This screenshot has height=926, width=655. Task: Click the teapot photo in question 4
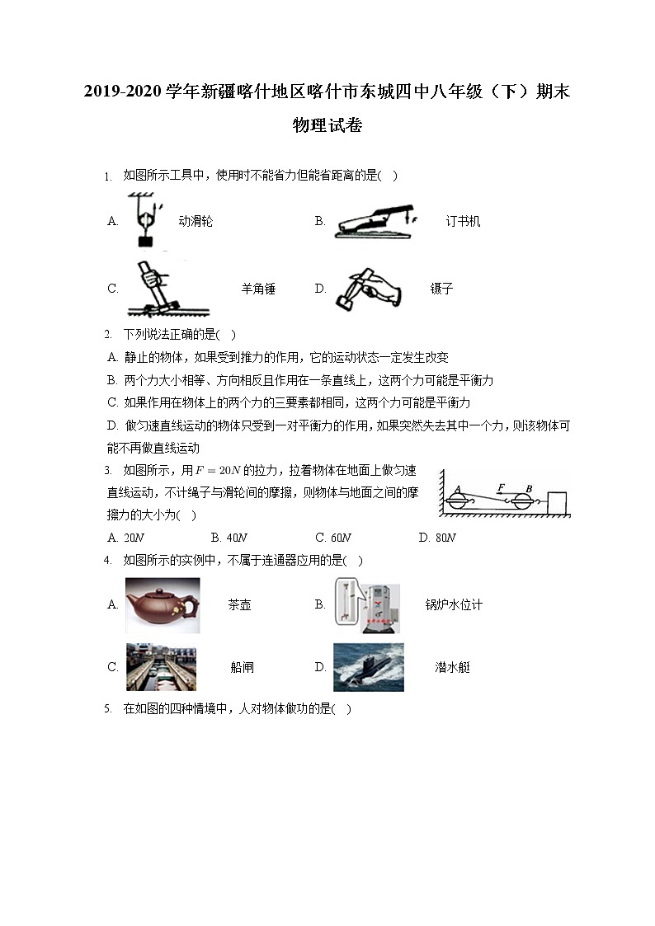[x=162, y=604]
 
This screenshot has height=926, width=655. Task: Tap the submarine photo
[x=368, y=667]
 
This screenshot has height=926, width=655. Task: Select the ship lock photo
[x=161, y=667]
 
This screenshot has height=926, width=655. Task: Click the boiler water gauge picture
[x=367, y=604]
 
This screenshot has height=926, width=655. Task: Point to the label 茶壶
[x=239, y=605]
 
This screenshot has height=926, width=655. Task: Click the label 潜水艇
[x=452, y=668]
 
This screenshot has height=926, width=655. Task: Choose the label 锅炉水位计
[x=454, y=605]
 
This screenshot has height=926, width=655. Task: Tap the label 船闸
[x=242, y=668]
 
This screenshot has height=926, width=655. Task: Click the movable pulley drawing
[x=145, y=220]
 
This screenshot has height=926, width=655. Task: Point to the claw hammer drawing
[x=157, y=289]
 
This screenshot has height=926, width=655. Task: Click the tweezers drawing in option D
[x=366, y=289]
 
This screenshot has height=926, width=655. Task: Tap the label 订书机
[x=463, y=221]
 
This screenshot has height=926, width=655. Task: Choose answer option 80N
[x=437, y=538]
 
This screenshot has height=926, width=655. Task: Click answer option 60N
[x=333, y=538]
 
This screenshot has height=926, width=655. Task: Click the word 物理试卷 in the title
[x=327, y=126]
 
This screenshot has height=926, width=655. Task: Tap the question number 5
[x=107, y=709]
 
